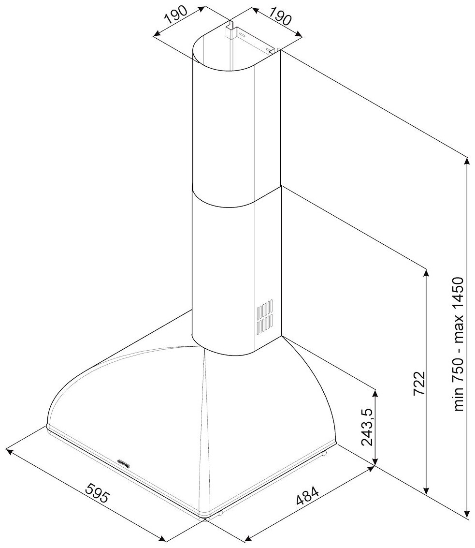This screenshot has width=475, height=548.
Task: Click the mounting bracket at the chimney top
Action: tap(231, 31)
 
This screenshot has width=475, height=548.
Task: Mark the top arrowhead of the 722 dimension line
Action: tap(426, 272)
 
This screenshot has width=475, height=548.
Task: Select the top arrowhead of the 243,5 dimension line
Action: tap(375, 390)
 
